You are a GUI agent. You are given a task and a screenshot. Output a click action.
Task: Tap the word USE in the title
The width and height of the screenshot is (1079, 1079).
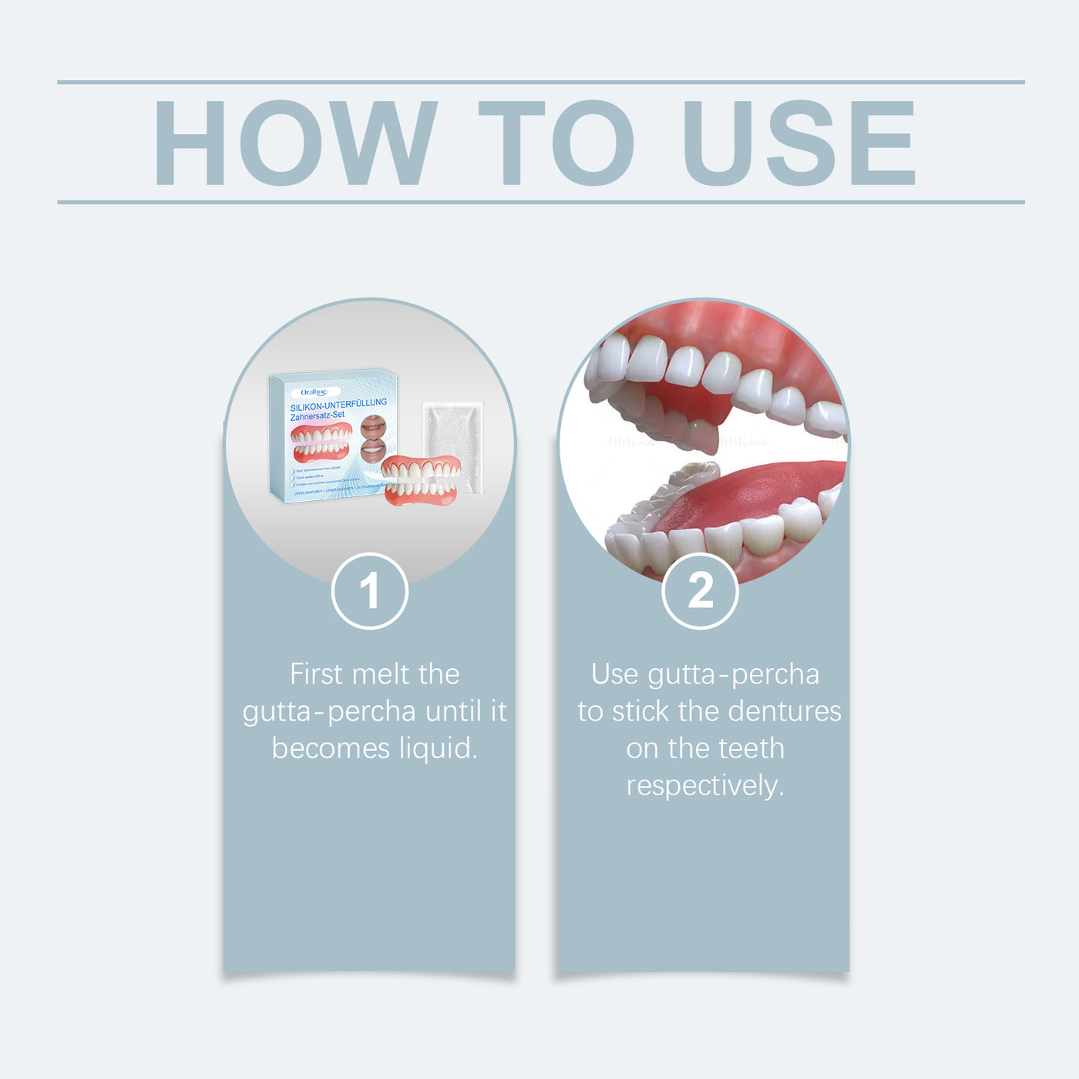click(798, 143)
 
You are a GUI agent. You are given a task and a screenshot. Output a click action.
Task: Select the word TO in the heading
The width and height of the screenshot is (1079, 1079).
click(556, 143)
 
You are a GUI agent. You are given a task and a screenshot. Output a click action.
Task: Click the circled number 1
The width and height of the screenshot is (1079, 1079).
click(369, 591)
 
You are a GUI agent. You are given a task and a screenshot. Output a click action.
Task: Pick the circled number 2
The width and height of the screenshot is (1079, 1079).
click(700, 591)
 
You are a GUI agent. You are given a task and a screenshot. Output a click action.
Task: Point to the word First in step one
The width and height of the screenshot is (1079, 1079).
click(315, 674)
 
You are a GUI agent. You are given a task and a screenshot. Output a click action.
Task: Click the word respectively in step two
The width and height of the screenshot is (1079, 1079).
click(704, 786)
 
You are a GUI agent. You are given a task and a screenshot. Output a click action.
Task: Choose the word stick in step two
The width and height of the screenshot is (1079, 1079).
click(641, 711)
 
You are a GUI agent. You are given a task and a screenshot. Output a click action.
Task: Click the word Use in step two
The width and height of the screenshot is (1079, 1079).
click(614, 674)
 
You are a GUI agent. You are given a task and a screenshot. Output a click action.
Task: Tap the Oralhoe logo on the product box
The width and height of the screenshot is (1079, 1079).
click(314, 392)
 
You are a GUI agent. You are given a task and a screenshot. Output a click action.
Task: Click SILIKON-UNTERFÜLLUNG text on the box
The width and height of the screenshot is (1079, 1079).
click(338, 405)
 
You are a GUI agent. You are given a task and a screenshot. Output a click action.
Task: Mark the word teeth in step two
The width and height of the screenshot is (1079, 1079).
click(751, 748)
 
